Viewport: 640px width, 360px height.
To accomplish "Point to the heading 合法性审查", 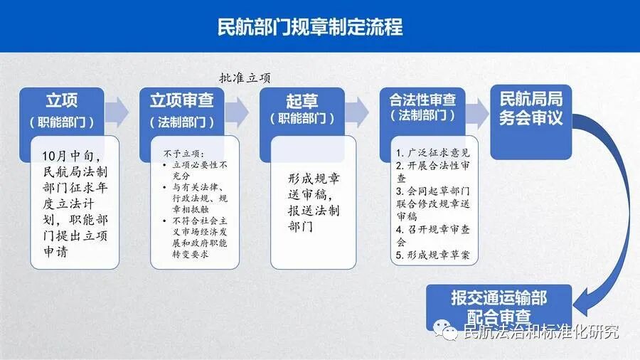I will [x=423, y=100].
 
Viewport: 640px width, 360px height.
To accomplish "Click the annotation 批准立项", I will [x=245, y=78].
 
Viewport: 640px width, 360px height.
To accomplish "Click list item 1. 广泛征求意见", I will [x=432, y=153].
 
